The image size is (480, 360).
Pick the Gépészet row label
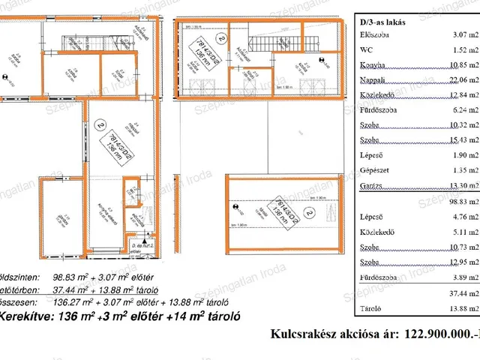[x=376, y=171]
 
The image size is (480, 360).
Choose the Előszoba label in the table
[x=375, y=35]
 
